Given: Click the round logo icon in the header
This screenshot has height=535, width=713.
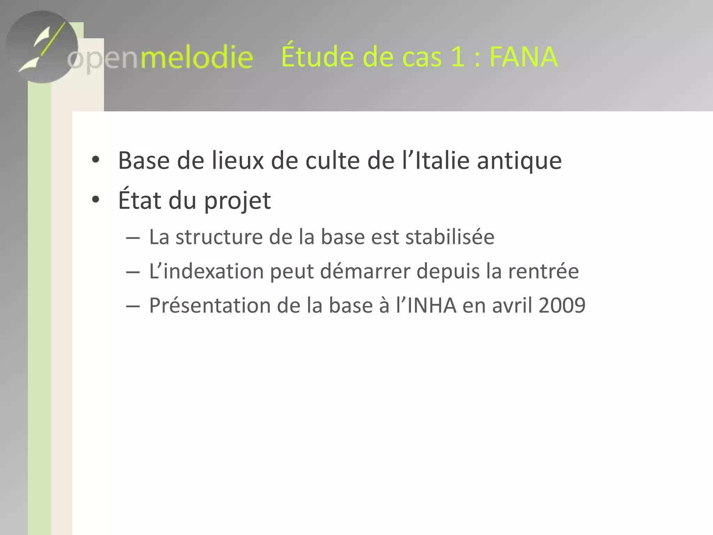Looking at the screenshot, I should [42, 47].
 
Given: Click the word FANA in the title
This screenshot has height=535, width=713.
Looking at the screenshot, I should [523, 57].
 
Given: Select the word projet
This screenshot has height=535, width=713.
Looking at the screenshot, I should [237, 201].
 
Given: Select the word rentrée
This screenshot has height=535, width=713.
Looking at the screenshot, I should [543, 271].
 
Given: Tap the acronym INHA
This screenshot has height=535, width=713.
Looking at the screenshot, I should [432, 305].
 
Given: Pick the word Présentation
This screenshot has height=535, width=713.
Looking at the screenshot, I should [210, 305].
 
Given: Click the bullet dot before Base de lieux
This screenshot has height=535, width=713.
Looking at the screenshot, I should [95, 161].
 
